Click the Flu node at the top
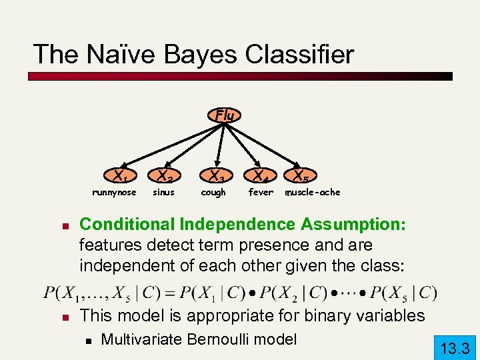225,115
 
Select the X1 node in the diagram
120,177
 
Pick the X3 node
215,177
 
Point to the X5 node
300,177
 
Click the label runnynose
114,193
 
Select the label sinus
163,193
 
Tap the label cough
213,193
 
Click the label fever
261,193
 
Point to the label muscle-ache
313,193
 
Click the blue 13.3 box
455,347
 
